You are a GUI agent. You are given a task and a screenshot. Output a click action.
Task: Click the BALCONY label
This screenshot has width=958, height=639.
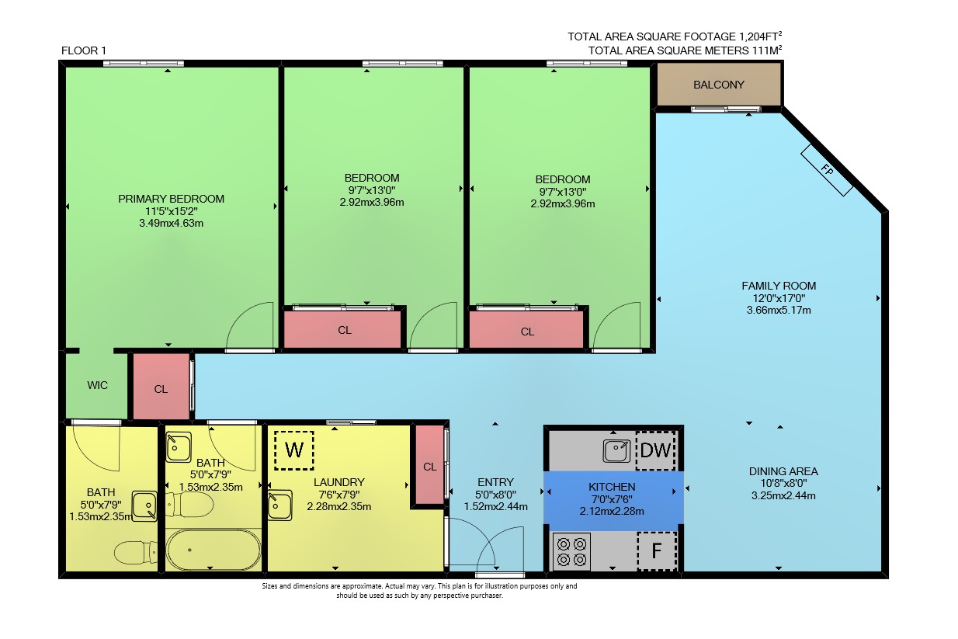click(x=719, y=85)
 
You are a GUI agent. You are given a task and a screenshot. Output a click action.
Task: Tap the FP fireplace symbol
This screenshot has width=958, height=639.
click(x=827, y=170)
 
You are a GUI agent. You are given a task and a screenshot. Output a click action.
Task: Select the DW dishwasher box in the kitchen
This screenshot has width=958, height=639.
click(x=656, y=450)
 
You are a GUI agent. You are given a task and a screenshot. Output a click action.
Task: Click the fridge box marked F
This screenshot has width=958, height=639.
click(x=657, y=551)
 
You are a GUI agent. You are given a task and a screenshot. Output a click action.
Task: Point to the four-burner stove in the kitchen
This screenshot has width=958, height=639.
click(x=571, y=552)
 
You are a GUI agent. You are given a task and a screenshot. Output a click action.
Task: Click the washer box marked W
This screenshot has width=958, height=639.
click(x=294, y=450)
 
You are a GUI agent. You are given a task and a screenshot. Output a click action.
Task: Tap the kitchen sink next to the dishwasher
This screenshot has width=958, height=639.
click(x=616, y=451)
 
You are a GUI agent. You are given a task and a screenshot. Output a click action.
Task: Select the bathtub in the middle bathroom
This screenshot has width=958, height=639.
click(x=213, y=550)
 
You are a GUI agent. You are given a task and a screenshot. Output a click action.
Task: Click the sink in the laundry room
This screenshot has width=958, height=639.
click(x=280, y=505)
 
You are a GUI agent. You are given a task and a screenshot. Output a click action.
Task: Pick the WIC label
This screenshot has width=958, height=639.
click(x=98, y=385)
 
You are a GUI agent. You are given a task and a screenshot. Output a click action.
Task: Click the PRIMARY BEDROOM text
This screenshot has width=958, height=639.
click(x=171, y=199)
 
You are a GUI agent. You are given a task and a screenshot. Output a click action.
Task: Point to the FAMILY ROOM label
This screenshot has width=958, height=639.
click(x=779, y=286)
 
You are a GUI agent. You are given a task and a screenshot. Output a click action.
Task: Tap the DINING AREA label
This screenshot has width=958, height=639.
click(x=783, y=471)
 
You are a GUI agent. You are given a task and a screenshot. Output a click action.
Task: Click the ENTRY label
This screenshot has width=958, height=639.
click(x=495, y=482)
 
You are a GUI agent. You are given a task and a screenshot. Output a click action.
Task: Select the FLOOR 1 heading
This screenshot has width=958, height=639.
click(x=84, y=50)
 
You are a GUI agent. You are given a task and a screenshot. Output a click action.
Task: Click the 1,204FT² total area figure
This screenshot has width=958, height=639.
click(x=761, y=36)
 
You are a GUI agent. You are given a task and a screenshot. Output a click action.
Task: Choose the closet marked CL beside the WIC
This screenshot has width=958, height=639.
click(x=161, y=387)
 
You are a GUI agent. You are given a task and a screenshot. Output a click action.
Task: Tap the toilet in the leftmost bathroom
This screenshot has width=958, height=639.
click(x=136, y=552)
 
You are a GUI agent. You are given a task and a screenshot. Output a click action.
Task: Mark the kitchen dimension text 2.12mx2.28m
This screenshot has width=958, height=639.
click(x=612, y=511)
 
